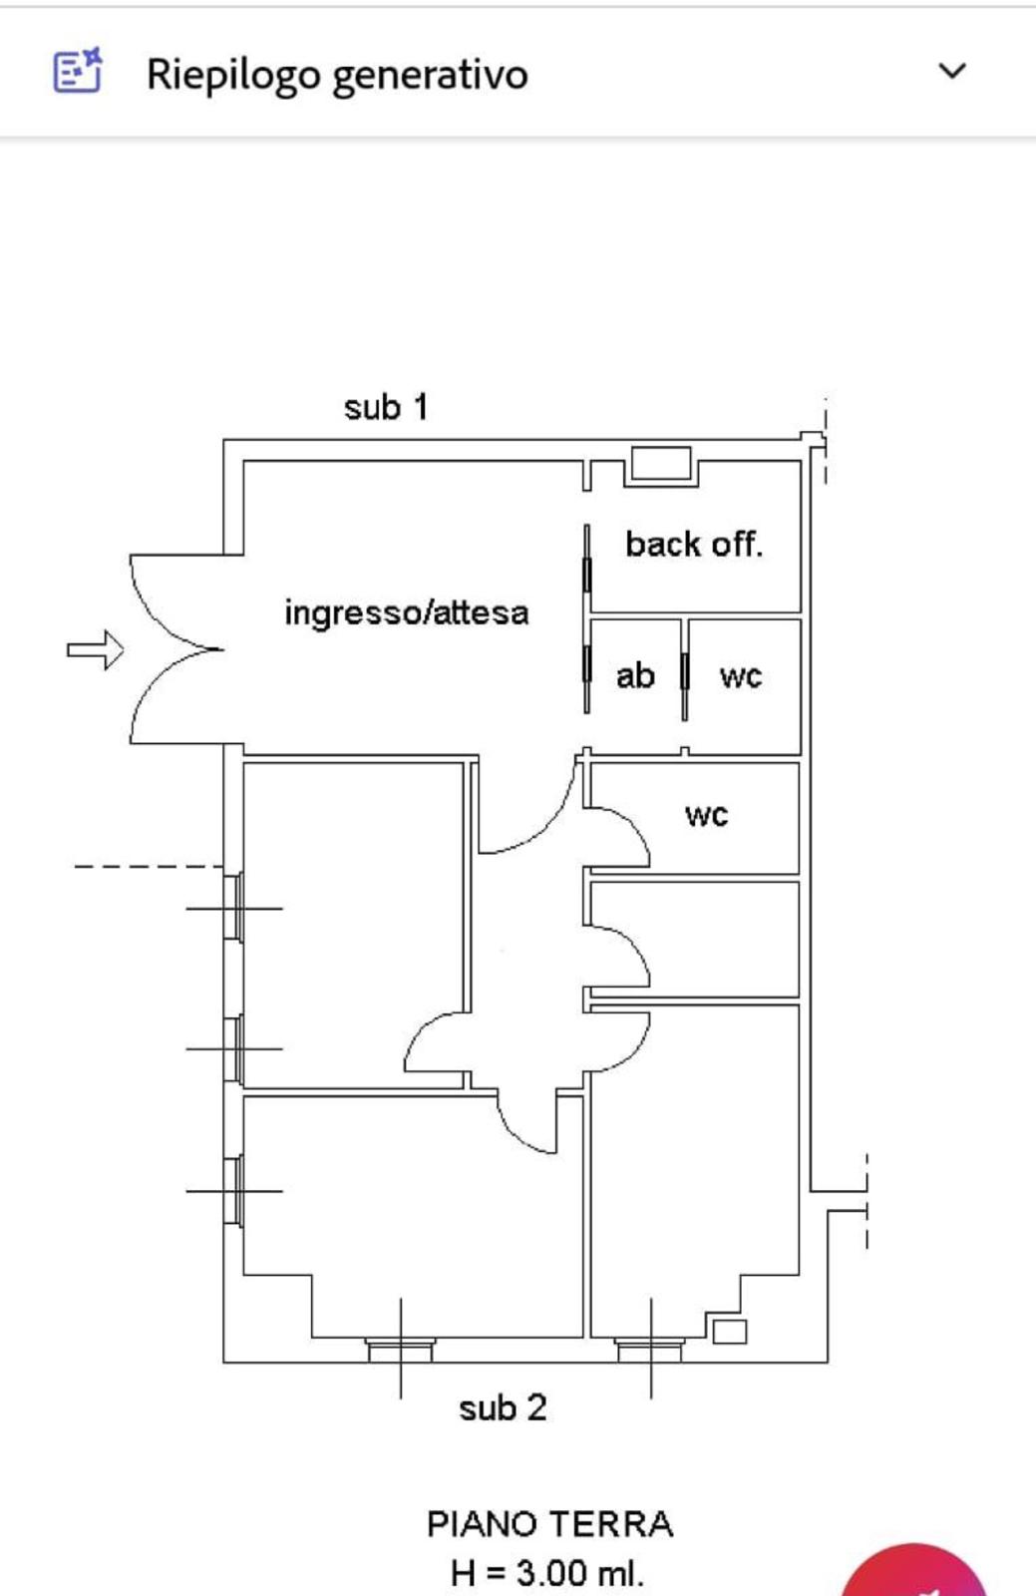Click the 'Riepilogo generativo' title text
point(337,75)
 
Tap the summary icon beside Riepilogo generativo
point(78,71)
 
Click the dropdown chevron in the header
point(952,71)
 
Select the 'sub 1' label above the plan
point(386,408)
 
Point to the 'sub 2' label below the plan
point(503,1407)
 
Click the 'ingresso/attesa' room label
point(407,612)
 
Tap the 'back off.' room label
point(694,545)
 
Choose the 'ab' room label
point(635,675)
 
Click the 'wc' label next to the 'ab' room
point(741,677)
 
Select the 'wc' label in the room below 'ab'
point(706,815)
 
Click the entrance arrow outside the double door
point(96,649)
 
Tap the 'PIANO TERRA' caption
point(549,1524)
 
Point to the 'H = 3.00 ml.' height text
point(546,1572)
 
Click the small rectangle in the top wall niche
point(661,463)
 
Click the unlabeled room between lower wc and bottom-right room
point(694,939)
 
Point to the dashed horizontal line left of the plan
point(149,867)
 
